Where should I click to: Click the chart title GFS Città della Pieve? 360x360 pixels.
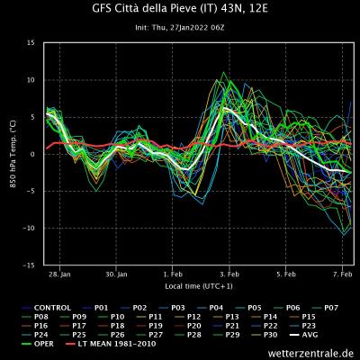[179, 10]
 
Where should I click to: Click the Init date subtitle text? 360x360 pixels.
[179, 27]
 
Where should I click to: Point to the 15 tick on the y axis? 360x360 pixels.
[31, 43]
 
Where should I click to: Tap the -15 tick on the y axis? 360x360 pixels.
[30, 265]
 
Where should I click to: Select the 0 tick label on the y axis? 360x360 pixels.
[33, 155]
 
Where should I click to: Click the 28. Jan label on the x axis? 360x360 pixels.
[59, 274]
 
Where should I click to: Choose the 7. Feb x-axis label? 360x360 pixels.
[341, 274]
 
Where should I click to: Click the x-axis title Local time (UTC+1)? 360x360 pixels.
[199, 285]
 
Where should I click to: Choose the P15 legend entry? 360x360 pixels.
[308, 316]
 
